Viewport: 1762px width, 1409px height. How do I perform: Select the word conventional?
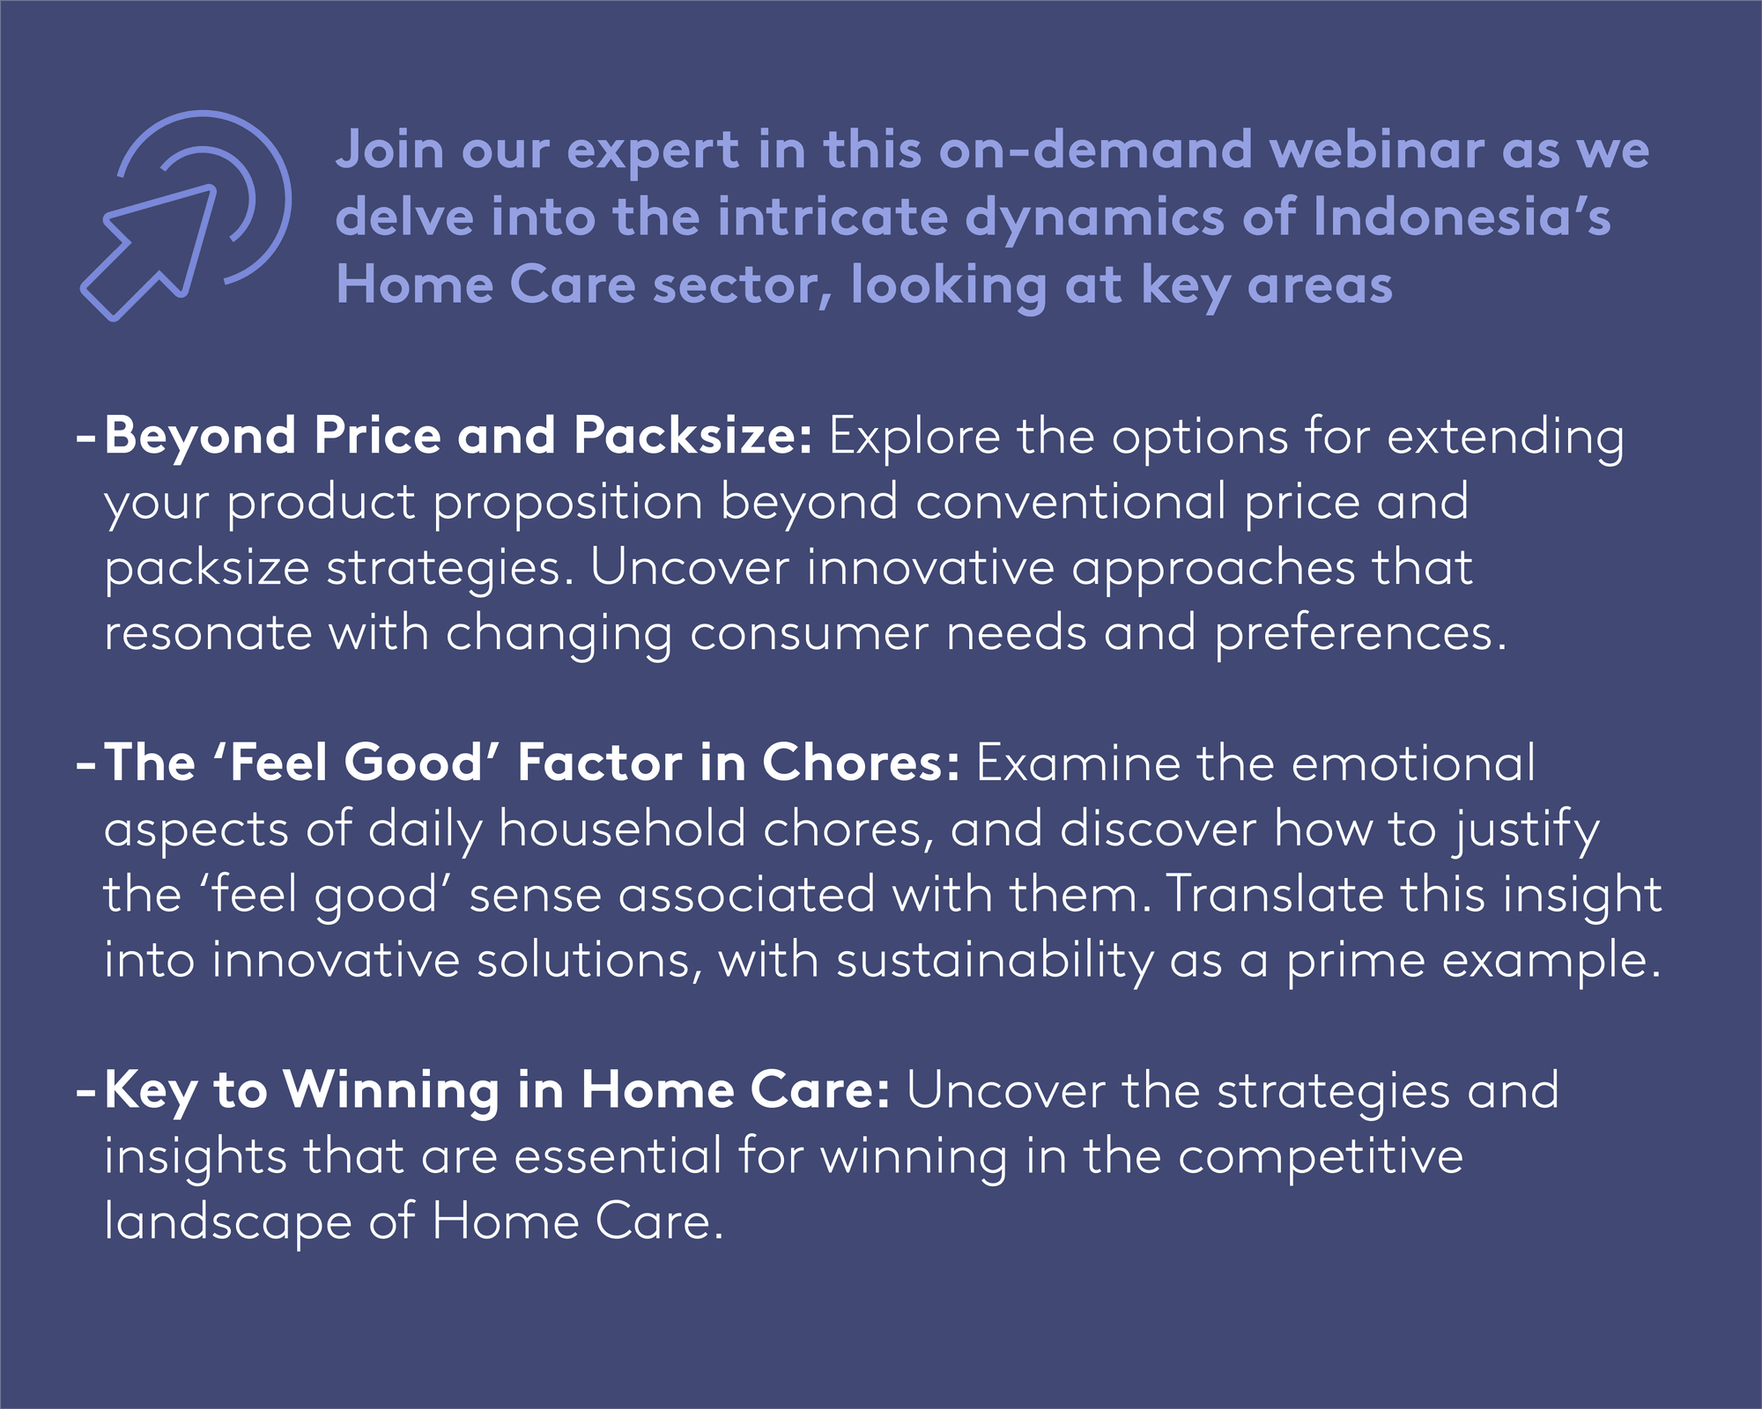coord(1070,502)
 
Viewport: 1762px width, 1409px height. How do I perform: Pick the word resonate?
coord(208,634)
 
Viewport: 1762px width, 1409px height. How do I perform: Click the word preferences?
coord(1361,634)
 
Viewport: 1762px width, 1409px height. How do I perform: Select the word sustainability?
coord(995,961)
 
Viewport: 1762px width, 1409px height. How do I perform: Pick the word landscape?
coord(228,1223)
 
